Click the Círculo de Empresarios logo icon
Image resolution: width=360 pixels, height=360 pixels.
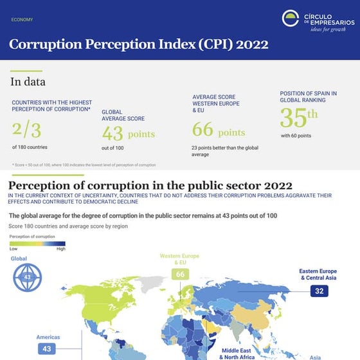(290, 19)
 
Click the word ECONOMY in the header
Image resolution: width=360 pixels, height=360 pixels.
(22, 20)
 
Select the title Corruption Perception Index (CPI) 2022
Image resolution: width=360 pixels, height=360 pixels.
(138, 45)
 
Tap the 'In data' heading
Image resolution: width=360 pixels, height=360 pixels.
(28, 82)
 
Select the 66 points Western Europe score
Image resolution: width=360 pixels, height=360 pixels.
(218, 130)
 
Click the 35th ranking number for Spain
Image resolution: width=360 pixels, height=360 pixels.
(299, 118)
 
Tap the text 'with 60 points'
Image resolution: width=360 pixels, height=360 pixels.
(296, 136)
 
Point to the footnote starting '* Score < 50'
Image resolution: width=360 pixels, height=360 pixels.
(84, 165)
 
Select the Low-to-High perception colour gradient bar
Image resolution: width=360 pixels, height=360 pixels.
(37, 244)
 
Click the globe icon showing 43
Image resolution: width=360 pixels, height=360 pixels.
(27, 277)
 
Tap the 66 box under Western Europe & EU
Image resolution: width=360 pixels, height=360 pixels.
(180, 274)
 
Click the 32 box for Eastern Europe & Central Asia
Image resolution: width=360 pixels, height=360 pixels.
(319, 291)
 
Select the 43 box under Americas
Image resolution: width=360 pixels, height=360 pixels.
(46, 348)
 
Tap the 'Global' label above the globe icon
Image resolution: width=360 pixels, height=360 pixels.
(19, 258)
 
